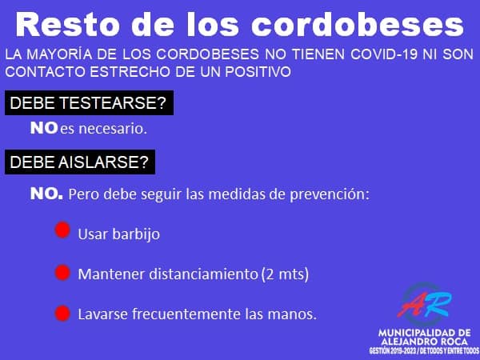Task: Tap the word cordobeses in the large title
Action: point(358,25)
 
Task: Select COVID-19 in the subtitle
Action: point(384,54)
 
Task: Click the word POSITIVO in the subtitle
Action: point(258,72)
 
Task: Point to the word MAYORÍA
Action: point(59,54)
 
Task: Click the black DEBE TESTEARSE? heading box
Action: point(89,103)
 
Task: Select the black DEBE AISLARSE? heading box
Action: point(80,162)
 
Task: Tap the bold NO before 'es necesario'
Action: point(44,128)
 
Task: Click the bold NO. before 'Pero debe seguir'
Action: point(46,194)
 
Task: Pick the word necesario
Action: point(113,129)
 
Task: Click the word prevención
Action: point(330,194)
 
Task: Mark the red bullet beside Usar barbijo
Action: point(62,230)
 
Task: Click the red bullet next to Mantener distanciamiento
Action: point(62,273)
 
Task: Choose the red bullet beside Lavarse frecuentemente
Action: point(62,313)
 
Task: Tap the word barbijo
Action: point(136,234)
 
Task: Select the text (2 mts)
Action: point(285,274)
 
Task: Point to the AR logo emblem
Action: point(425,305)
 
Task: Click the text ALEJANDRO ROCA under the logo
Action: point(425,342)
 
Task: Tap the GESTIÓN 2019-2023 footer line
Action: point(424,351)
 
